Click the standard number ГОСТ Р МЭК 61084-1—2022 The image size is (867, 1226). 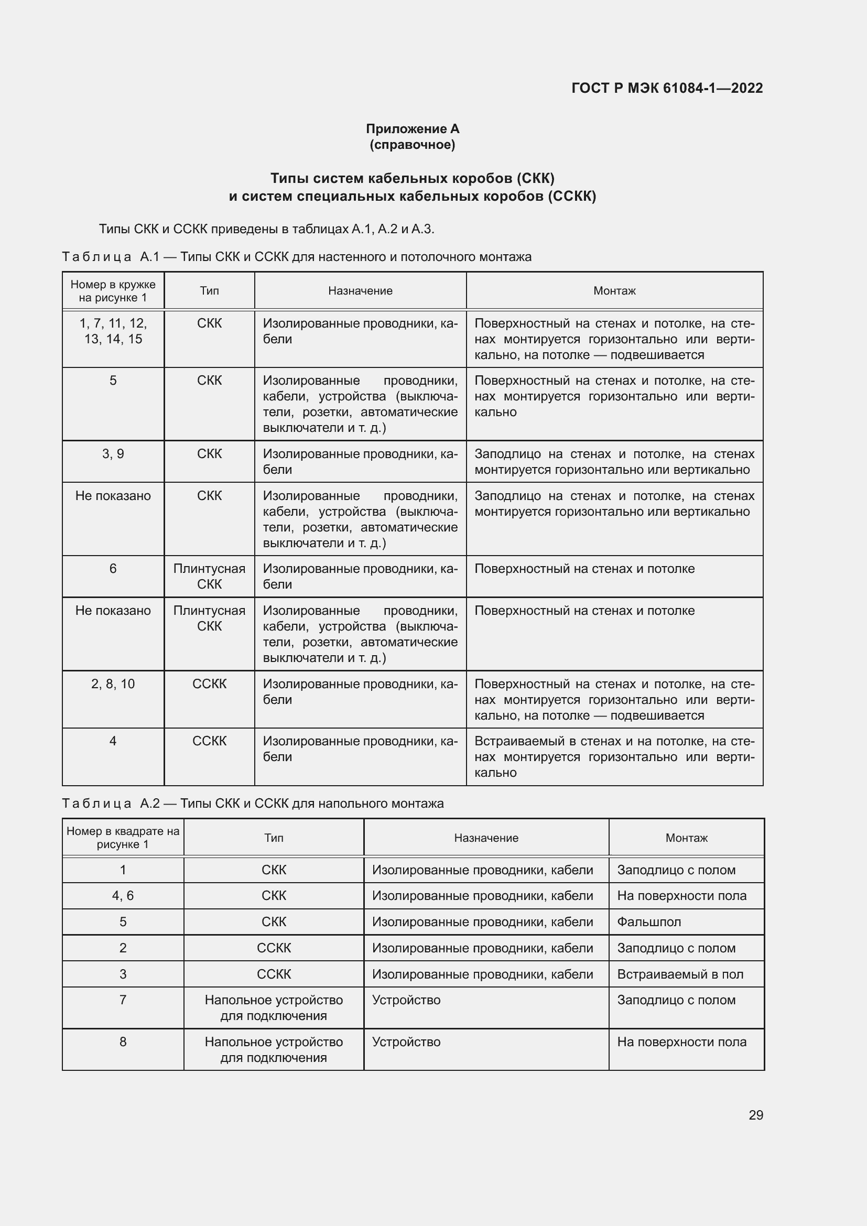coord(667,88)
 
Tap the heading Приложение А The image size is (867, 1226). coord(412,129)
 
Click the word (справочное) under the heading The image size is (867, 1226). coord(412,145)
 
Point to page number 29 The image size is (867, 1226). coord(755,1115)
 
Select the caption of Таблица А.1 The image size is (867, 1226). coord(296,257)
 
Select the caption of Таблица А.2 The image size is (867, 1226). coord(253,804)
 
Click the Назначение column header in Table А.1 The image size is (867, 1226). coord(360,291)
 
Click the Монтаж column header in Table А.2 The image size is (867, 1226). coord(686,838)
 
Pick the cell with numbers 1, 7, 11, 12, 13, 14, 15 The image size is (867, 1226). coord(113,331)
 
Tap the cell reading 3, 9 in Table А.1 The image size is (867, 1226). coord(113,454)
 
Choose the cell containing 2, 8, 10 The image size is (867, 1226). coord(113,684)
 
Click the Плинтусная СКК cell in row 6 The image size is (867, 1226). coord(209,576)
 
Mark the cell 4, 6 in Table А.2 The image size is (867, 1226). coord(123,895)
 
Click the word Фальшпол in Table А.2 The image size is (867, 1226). coord(648,921)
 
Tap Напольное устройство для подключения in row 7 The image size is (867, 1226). coord(273,1007)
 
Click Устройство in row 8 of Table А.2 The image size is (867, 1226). coord(406,1042)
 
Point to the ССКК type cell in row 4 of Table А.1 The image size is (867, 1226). coord(209,741)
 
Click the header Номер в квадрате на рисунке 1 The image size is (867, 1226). coord(123,837)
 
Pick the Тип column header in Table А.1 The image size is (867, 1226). coord(209,291)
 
